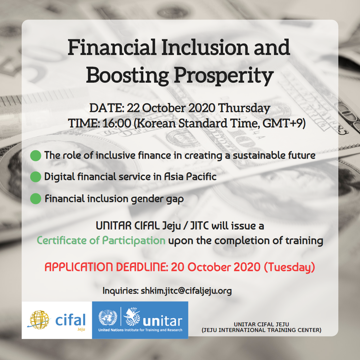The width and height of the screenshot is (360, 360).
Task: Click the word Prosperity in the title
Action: pos(224,76)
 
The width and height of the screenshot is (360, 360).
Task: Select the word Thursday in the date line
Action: pos(244,108)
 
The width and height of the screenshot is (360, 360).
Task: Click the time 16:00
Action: pos(117,123)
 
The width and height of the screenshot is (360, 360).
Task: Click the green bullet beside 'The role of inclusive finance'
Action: pos(36,155)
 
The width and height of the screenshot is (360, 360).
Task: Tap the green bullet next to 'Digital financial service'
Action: pos(36,177)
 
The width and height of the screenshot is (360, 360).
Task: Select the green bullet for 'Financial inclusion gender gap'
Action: pos(36,199)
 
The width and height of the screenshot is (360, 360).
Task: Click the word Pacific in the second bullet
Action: pos(201,177)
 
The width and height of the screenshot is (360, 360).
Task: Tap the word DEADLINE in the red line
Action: pos(141,267)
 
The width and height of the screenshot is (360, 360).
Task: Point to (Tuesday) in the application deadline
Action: pos(289,267)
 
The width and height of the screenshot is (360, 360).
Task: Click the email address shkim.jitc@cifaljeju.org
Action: pos(186,291)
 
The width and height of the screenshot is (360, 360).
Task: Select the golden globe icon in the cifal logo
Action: pos(39,320)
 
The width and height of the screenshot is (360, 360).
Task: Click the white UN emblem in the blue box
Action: pos(108,318)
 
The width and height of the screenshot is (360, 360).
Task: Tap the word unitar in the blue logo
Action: pos(163,321)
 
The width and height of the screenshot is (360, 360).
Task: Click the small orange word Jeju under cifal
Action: pos(81,329)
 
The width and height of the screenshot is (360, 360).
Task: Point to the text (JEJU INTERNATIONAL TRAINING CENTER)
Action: pos(262,330)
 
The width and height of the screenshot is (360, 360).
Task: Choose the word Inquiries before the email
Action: pos(121,291)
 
